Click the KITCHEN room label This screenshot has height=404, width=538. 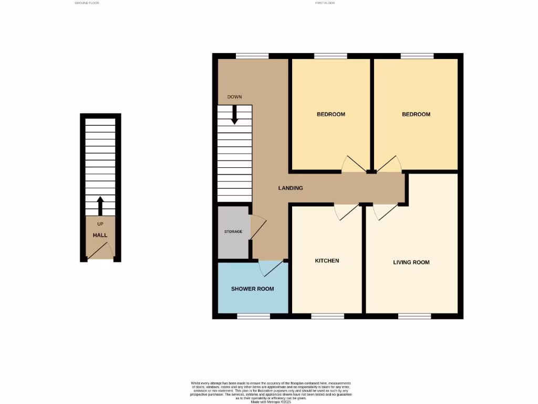327,261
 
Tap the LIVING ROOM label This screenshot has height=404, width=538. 411,262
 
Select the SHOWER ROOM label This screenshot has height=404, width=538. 253,289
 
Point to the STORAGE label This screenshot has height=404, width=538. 233,231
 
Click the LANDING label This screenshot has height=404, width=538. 291,188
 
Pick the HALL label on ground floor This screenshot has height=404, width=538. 100,235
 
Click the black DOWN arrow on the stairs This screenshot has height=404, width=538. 234,115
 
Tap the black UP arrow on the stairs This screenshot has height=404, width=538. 100,206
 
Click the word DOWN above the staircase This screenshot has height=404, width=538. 234,97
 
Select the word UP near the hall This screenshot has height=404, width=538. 100,224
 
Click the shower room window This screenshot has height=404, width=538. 253,316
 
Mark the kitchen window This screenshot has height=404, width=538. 328,316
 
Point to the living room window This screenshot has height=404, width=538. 415,316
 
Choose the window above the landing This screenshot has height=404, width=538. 252,56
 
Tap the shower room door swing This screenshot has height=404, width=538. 272,268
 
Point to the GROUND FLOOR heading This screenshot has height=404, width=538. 87,3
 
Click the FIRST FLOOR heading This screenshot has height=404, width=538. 325,3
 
